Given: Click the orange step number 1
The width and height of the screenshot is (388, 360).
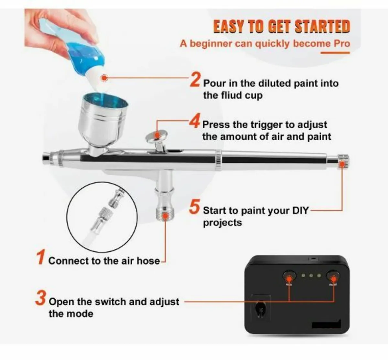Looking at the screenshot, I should [x=40, y=257].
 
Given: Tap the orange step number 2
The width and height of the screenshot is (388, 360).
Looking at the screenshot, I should [x=195, y=79].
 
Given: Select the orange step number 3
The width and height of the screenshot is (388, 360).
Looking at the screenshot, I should [x=40, y=298].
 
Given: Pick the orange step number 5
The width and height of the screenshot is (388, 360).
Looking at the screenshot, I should [x=194, y=207].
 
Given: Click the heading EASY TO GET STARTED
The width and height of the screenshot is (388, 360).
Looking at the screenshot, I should [x=281, y=26].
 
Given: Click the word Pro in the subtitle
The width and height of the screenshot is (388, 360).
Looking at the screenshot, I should [x=342, y=43].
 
